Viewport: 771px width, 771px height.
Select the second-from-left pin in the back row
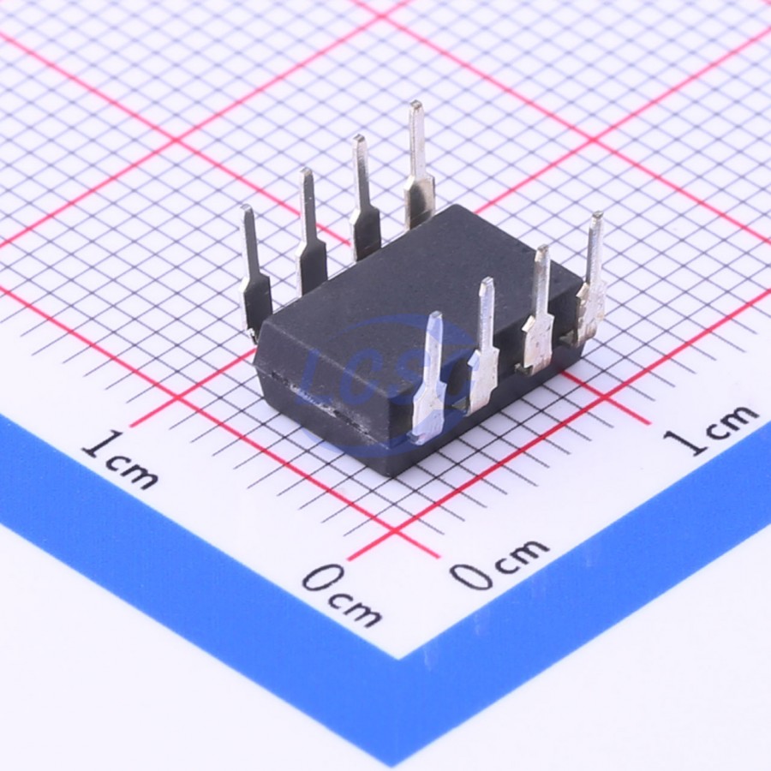click(311, 231)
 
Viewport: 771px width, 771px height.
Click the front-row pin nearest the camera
click(430, 379)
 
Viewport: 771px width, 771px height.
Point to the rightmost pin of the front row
click(591, 280)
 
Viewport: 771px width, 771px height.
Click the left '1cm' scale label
click(121, 460)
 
